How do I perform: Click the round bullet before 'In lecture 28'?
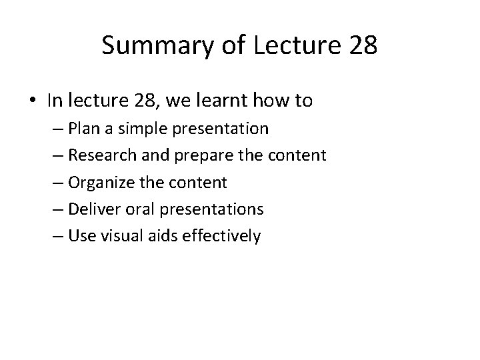tap(33, 101)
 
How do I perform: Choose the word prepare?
tap(214, 156)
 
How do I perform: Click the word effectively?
tap(227, 236)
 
